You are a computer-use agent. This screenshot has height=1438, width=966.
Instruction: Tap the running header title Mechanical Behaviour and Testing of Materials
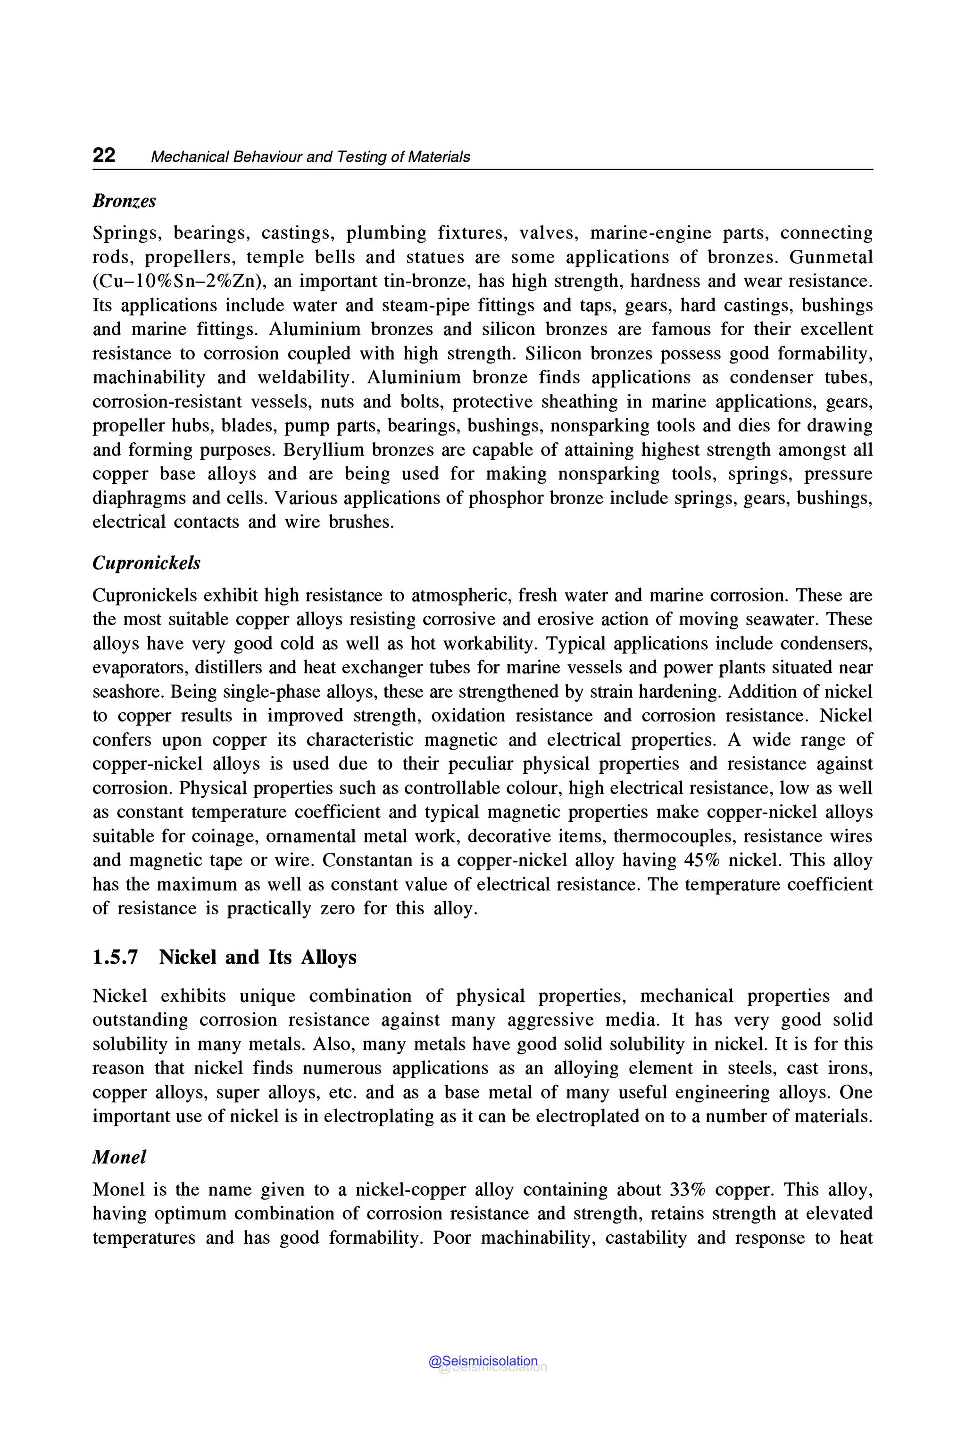[x=310, y=157]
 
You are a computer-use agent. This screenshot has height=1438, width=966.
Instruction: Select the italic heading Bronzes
[x=124, y=201]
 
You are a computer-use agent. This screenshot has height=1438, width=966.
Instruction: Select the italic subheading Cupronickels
[x=146, y=562]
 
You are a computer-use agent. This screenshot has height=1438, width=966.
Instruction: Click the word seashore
[x=128, y=692]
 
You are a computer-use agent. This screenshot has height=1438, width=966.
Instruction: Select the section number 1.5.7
[x=115, y=957]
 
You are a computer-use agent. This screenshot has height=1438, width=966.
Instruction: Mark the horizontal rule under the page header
[x=483, y=169]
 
